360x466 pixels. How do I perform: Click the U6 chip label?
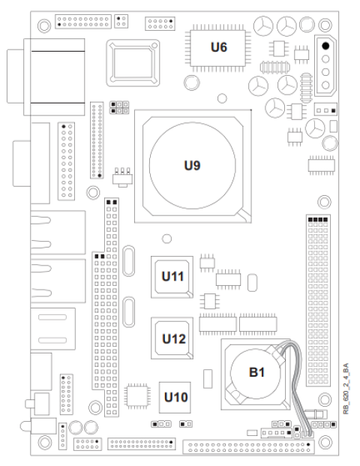219,47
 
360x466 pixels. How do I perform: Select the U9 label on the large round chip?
192,166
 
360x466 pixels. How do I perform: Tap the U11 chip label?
172,276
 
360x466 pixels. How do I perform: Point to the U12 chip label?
174,338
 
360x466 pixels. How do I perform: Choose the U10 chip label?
175,397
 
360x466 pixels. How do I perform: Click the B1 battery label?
256,372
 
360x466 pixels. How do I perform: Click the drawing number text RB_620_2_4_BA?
346,389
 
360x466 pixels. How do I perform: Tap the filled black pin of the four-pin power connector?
325,46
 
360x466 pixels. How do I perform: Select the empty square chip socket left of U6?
133,63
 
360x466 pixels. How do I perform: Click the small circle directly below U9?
167,239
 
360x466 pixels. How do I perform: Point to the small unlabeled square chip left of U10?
137,396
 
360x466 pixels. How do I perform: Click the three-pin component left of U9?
122,177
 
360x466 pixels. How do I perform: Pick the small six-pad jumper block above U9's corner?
119,107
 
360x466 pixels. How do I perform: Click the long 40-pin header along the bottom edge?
248,447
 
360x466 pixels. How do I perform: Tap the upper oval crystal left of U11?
128,261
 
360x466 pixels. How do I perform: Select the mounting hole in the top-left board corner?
44,26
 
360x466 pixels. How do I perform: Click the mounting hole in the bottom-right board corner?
325,442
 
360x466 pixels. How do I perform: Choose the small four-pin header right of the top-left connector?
121,21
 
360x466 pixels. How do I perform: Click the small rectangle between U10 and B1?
208,379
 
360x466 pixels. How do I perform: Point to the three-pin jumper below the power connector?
325,110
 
